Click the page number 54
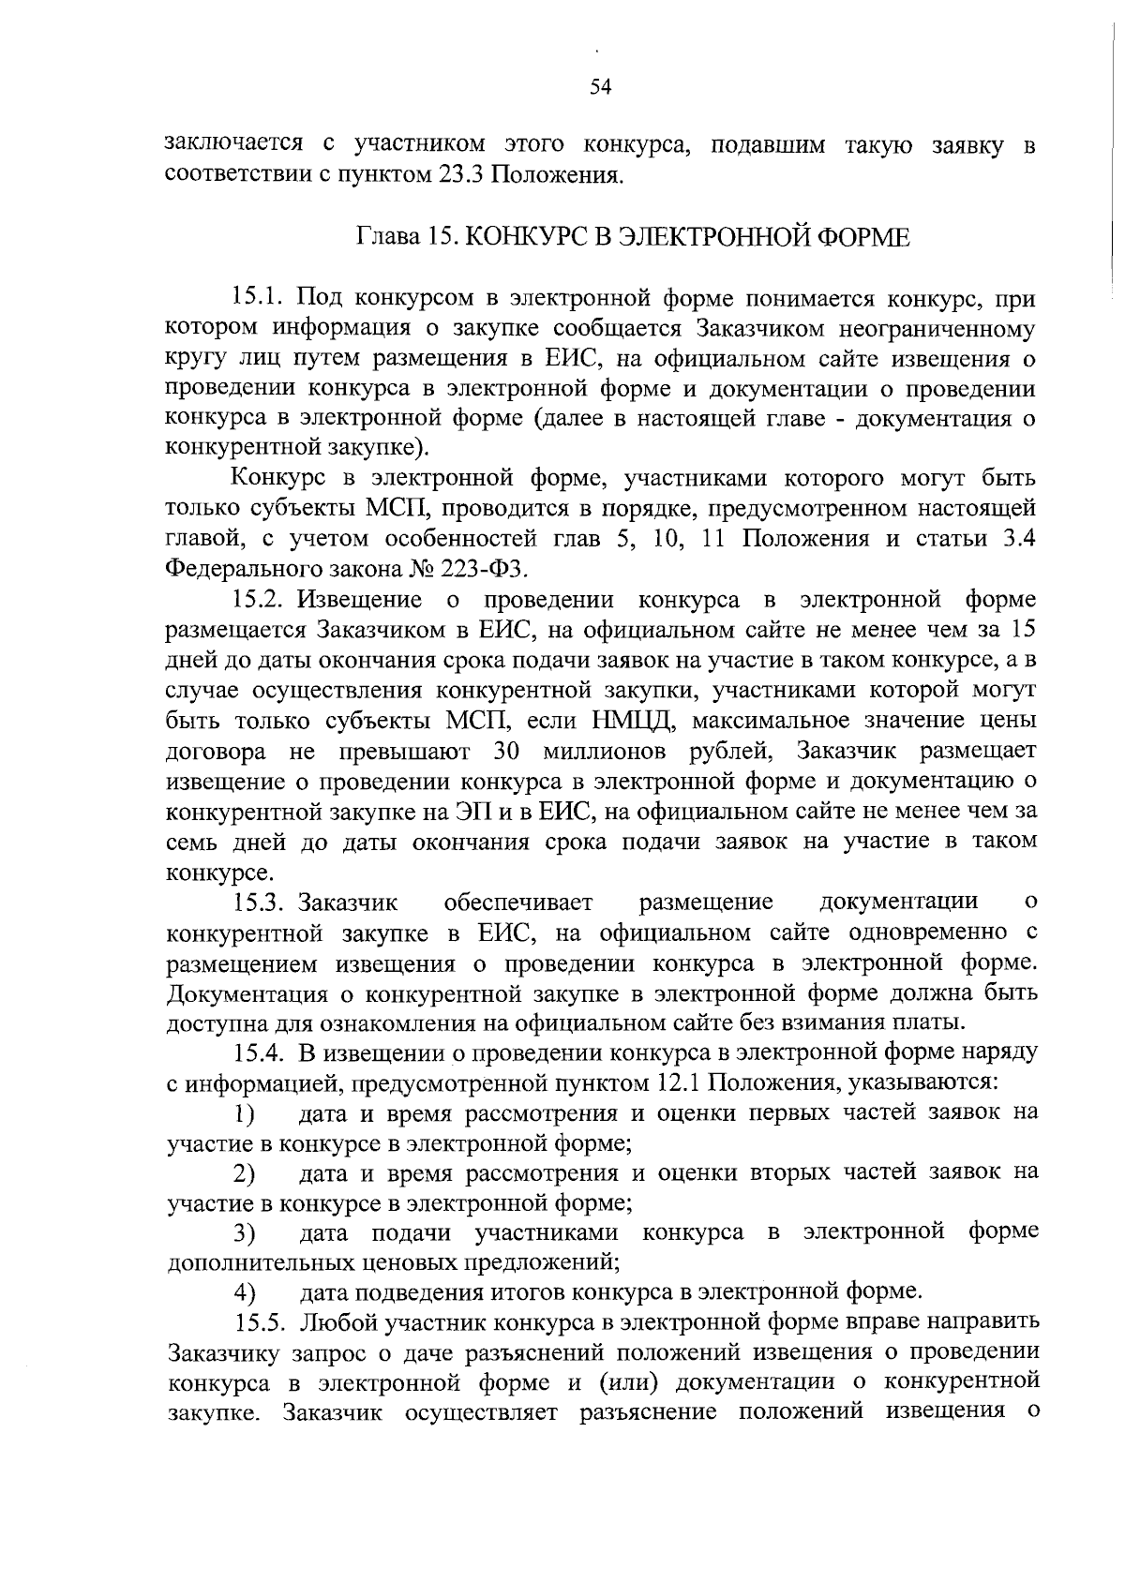(x=601, y=87)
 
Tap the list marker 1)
(x=245, y=1114)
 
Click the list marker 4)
(x=245, y=1293)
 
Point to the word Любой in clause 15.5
(x=336, y=1322)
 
